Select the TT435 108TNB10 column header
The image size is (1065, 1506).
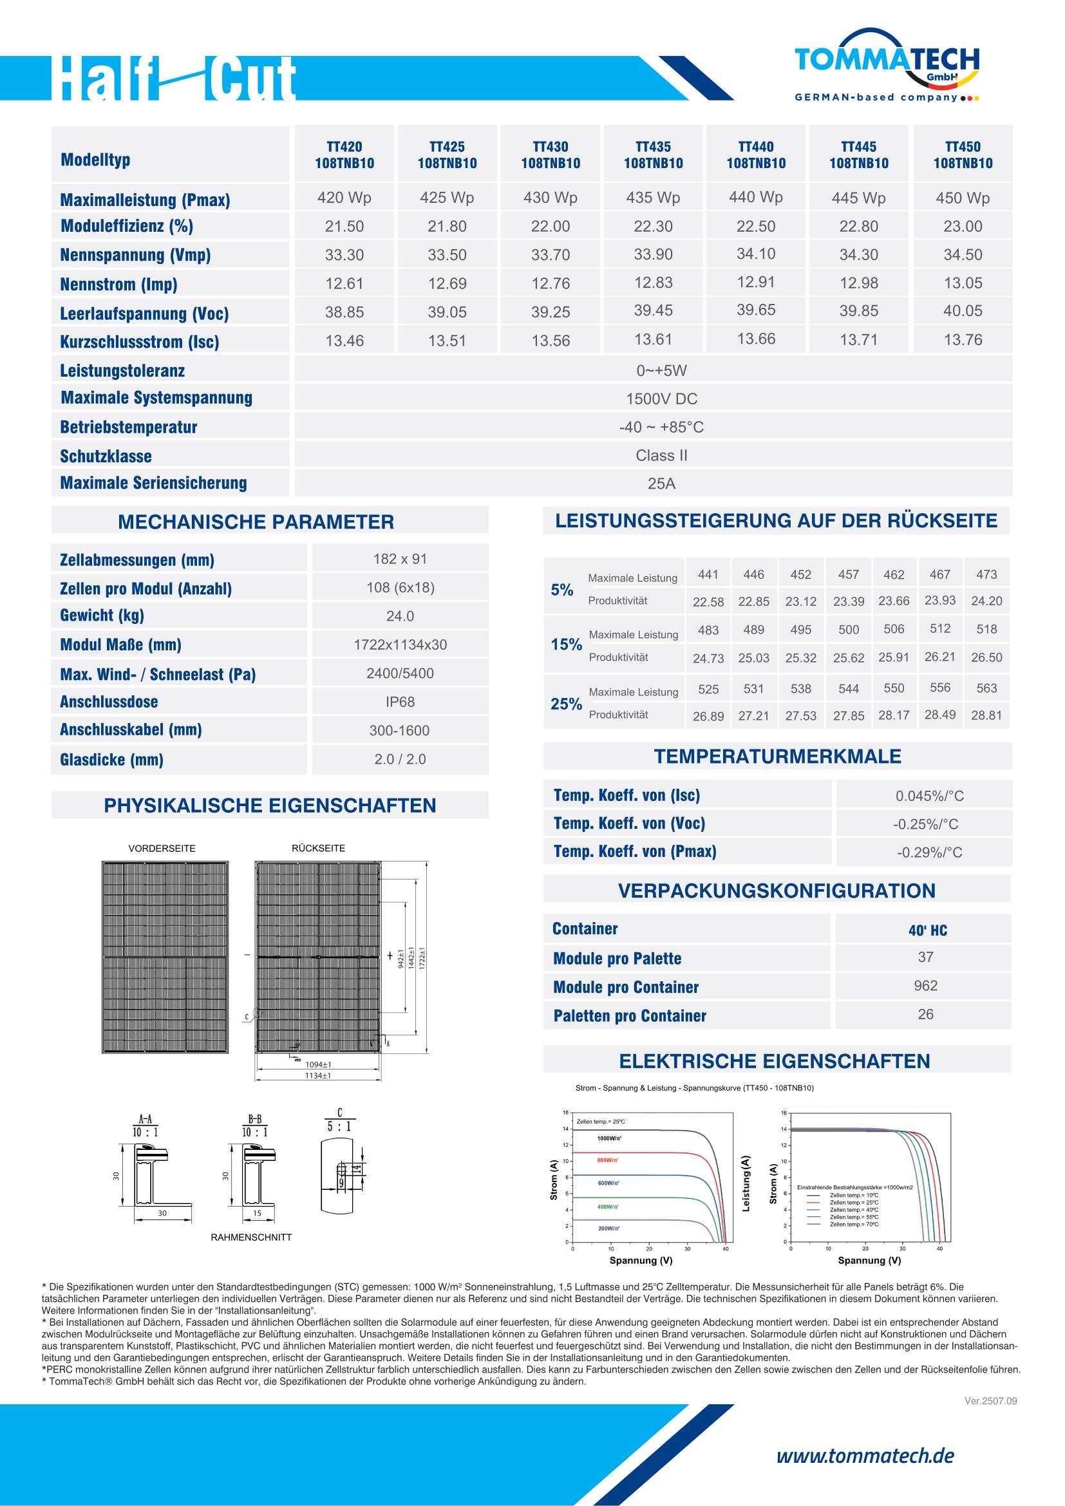coord(653,155)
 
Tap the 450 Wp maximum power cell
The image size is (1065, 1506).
coord(962,198)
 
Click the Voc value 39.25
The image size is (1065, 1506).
coord(550,312)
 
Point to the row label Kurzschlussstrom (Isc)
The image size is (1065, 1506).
coord(140,342)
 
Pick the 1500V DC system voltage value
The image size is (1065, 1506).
coord(661,399)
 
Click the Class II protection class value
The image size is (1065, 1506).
coord(661,456)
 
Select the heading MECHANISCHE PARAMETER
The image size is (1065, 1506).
coord(256,522)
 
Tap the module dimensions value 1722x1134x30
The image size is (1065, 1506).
coord(400,645)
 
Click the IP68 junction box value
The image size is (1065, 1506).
coord(400,702)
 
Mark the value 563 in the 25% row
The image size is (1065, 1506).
coord(986,688)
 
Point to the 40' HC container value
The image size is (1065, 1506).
coord(927,930)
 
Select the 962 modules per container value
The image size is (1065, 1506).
coord(925,986)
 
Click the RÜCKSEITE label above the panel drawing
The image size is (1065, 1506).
coord(318,848)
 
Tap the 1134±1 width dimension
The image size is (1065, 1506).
coord(318,1076)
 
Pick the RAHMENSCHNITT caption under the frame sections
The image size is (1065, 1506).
coord(251,1237)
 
